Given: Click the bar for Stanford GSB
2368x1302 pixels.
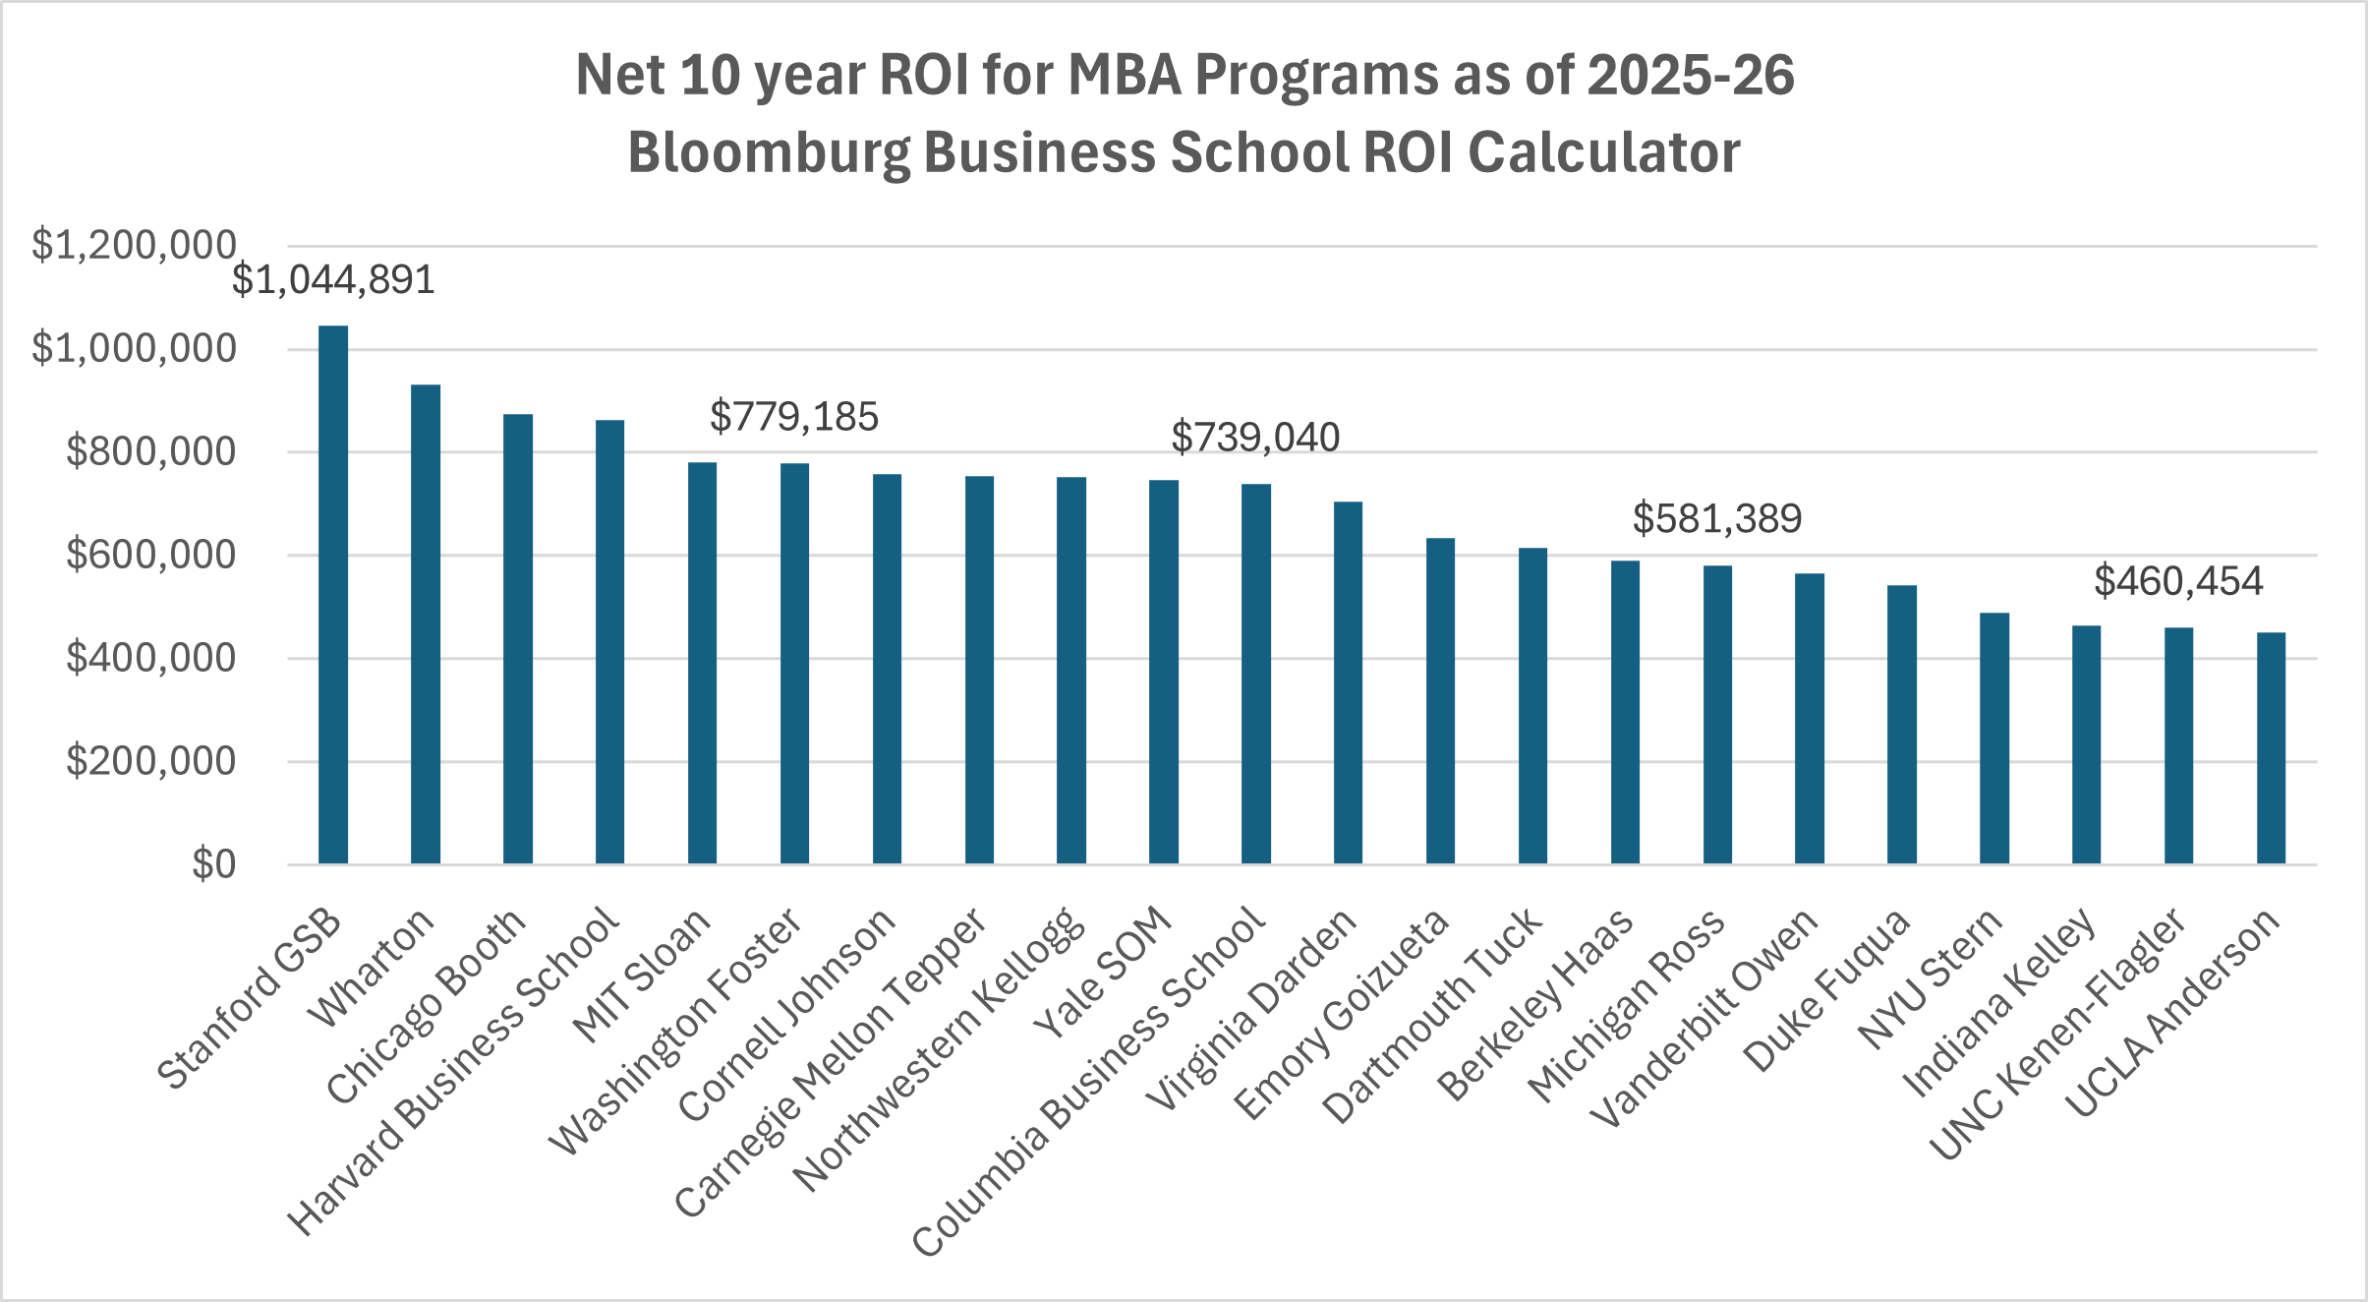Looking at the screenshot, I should tap(333, 595).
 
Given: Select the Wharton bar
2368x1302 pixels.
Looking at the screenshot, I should tap(426, 624).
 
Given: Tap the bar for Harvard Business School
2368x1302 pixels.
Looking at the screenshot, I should tap(609, 642).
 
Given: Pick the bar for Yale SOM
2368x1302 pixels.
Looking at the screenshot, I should tap(1164, 672).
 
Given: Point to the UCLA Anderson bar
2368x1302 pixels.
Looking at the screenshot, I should tap(2271, 748).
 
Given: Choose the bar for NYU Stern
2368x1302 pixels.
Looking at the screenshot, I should tap(1994, 739).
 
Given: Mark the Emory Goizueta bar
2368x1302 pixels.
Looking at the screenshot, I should tap(1440, 701).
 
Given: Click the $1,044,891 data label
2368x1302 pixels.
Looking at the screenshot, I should tap(333, 281).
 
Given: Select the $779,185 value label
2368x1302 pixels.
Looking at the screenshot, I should tap(794, 417).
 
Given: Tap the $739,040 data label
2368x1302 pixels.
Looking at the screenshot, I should tap(1255, 438).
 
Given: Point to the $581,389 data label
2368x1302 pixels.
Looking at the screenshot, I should tap(1717, 519).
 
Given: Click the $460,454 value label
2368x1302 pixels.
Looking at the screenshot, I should tap(2178, 582).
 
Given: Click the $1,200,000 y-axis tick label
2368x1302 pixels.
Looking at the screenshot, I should tap(134, 246).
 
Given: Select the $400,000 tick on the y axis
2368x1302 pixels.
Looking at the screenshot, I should tap(150, 658).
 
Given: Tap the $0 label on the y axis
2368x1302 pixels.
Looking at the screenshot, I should tap(213, 864).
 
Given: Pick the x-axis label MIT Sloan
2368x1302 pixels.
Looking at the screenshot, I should tap(643, 976).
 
